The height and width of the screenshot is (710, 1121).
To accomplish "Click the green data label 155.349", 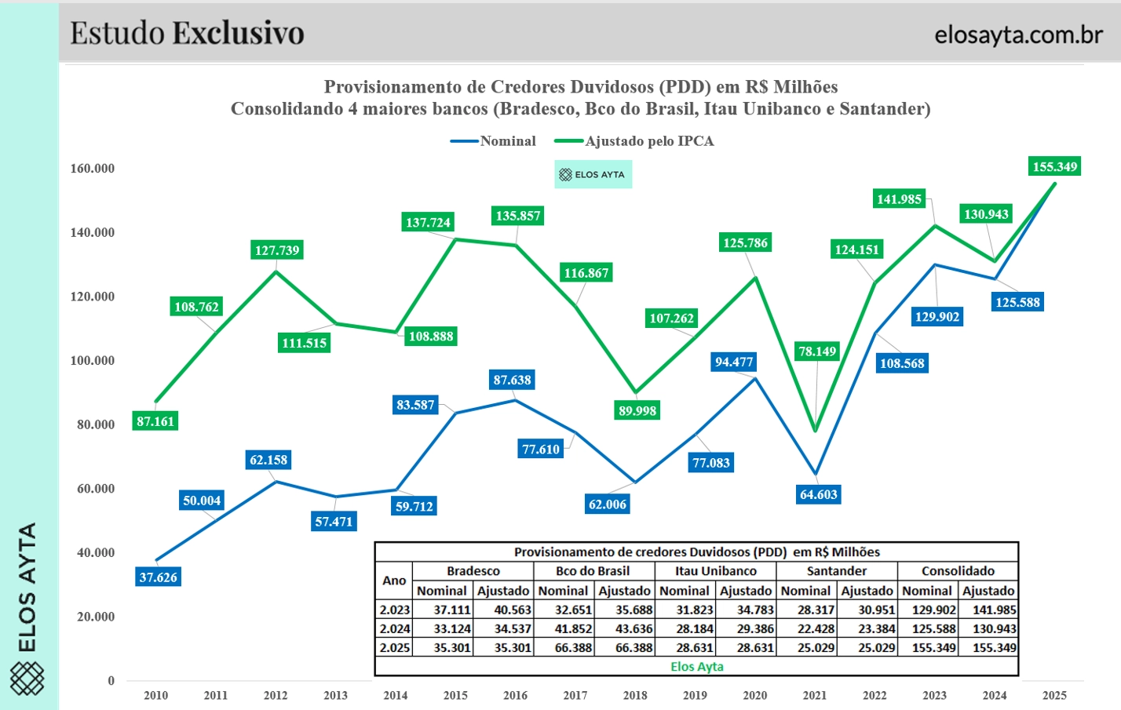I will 1054,166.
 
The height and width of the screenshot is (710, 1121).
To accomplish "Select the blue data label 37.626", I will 158,577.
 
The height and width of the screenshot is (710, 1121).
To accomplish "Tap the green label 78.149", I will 817,351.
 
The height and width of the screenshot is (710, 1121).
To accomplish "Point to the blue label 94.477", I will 733,362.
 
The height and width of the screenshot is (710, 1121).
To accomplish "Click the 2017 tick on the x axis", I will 575,695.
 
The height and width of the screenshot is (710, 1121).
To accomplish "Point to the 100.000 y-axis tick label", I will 93,361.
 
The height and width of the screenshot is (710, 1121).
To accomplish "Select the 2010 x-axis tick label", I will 155,695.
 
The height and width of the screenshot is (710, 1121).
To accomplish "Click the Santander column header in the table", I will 836,571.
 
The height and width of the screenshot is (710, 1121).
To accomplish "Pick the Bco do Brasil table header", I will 593,571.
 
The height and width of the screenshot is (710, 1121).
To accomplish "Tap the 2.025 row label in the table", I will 394,648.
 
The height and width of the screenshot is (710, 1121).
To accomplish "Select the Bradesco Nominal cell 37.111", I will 451,610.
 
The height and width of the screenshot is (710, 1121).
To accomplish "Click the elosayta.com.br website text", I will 1018,35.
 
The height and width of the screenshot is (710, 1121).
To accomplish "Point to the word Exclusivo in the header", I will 238,33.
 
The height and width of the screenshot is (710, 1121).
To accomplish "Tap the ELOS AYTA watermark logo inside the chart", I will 593,174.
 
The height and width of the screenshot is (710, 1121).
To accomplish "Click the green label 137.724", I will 428,222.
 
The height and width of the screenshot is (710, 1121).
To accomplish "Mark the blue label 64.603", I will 818,494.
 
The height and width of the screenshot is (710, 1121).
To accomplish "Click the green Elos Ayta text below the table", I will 696,667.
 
